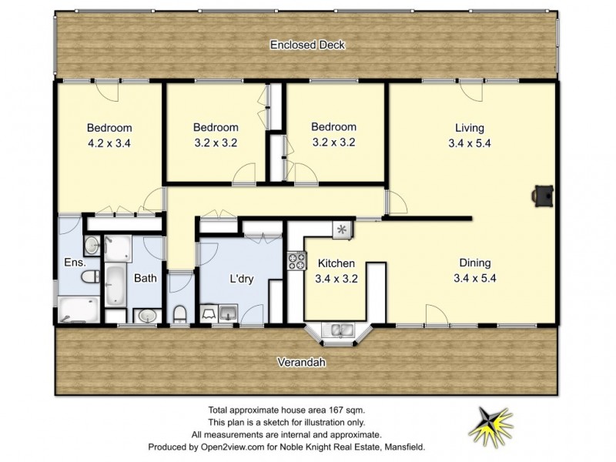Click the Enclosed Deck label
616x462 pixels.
307,45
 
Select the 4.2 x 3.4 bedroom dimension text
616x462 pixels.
109,142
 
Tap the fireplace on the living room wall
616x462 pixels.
543,196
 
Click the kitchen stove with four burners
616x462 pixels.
296,261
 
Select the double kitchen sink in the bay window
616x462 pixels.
338,330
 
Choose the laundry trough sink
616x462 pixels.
227,313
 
